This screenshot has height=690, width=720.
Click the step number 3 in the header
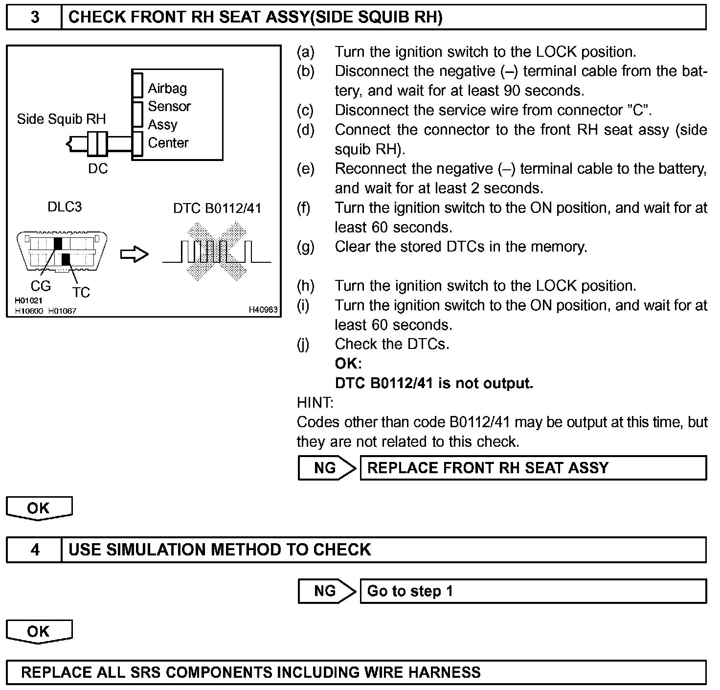click(x=35, y=17)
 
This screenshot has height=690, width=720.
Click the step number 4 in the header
click(x=35, y=550)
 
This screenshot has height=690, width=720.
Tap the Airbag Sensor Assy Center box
click(x=177, y=115)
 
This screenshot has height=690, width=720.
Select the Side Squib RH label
click(x=61, y=119)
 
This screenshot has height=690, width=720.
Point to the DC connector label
click(x=98, y=169)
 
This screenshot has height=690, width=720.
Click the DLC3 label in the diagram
click(x=65, y=207)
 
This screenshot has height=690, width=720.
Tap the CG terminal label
click(x=41, y=286)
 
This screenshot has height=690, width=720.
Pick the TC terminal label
click(x=81, y=292)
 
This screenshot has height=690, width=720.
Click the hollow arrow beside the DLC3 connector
click(x=134, y=254)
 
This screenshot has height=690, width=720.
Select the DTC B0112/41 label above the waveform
click(x=217, y=208)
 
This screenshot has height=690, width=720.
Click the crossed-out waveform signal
click(x=217, y=252)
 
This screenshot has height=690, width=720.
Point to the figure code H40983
click(x=263, y=309)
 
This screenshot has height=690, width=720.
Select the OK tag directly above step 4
click(x=39, y=508)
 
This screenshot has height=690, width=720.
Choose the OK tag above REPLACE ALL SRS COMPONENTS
click(x=39, y=631)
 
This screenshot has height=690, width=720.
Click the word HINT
click(x=315, y=403)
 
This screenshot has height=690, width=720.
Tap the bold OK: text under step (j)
click(x=348, y=364)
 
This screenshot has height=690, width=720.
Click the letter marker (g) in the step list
click(x=306, y=247)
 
